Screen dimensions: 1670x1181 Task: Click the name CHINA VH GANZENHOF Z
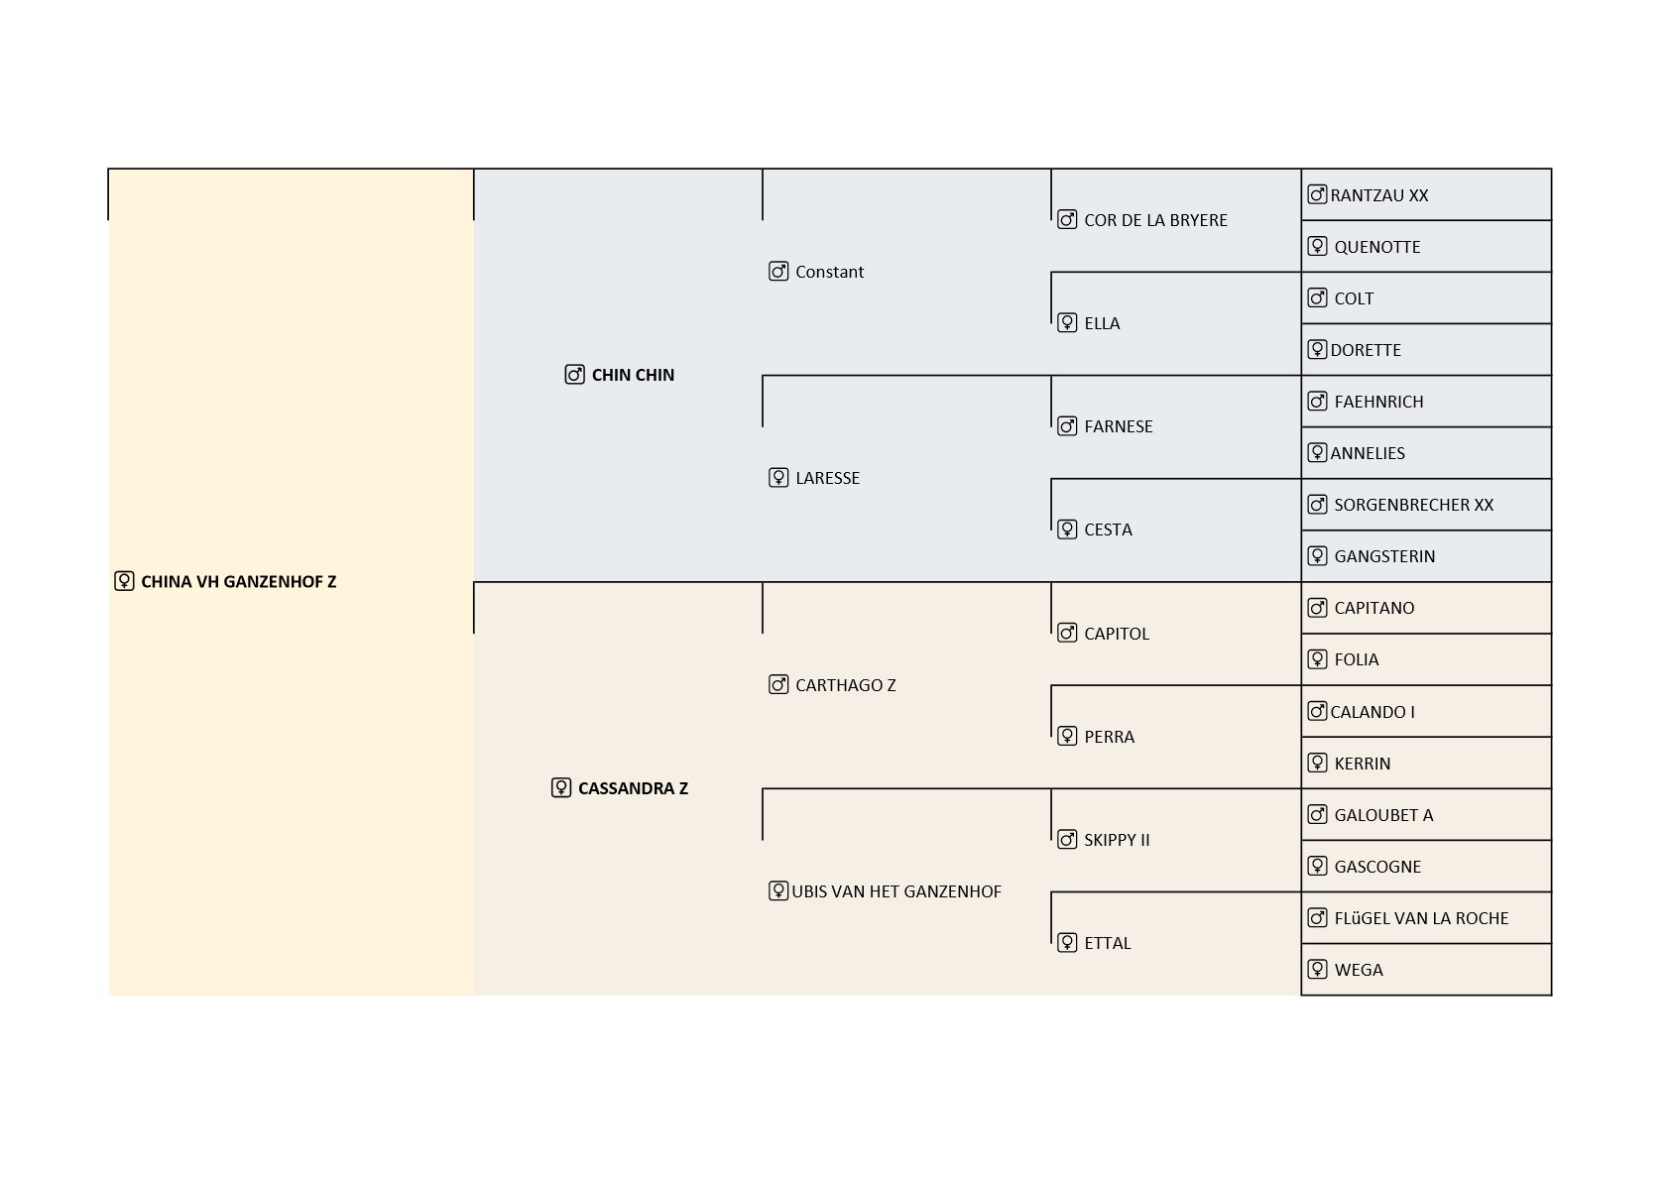pyautogui.click(x=239, y=581)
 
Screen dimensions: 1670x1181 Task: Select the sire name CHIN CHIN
pyautogui.click(x=633, y=375)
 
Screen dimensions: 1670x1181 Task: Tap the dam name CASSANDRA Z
pyautogui.click(x=633, y=788)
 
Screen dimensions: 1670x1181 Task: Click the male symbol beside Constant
pyautogui.click(x=778, y=272)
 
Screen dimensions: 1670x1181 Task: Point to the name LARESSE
pyautogui.click(x=827, y=478)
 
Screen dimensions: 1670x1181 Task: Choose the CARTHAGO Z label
pyautogui.click(x=846, y=685)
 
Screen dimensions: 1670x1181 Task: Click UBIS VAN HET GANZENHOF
pyautogui.click(x=896, y=891)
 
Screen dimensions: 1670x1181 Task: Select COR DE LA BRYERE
pyautogui.click(x=1155, y=221)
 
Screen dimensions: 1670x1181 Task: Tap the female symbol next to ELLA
pyautogui.click(x=1067, y=323)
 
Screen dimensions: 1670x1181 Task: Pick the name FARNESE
pyautogui.click(x=1119, y=426)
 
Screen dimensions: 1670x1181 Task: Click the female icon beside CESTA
pyautogui.click(x=1067, y=530)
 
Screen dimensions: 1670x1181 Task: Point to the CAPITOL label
pyautogui.click(x=1117, y=634)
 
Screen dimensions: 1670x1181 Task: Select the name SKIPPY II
pyautogui.click(x=1117, y=840)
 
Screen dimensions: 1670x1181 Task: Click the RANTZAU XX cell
pyautogui.click(x=1426, y=194)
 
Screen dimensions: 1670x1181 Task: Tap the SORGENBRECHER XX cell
pyautogui.click(x=1426, y=505)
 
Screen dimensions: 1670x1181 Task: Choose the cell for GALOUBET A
pyautogui.click(x=1426, y=815)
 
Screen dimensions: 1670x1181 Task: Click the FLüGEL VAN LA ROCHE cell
pyautogui.click(x=1426, y=918)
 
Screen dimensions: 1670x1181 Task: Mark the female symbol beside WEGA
pyautogui.click(x=1317, y=969)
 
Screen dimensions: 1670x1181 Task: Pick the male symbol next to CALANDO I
pyautogui.click(x=1317, y=711)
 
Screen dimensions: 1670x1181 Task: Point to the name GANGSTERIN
pyautogui.click(x=1384, y=556)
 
